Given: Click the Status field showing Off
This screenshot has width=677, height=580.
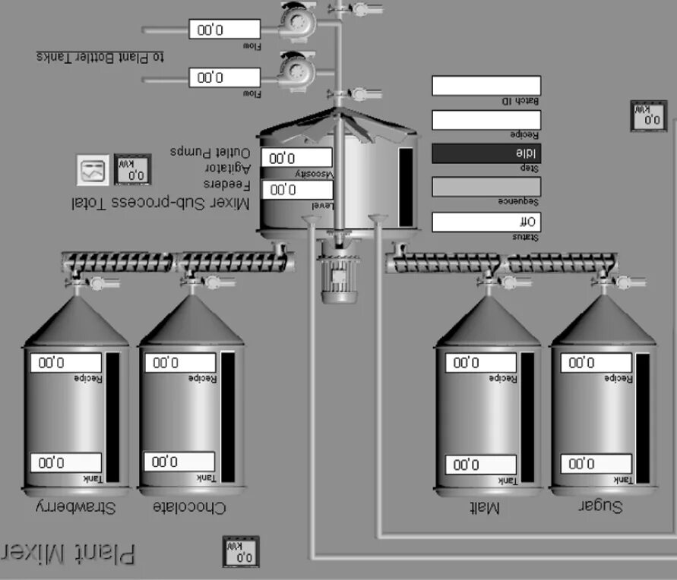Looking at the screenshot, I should tap(486, 222).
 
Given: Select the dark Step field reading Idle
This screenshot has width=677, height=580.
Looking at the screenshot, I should tap(486, 153).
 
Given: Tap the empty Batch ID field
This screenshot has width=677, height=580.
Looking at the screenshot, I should tap(486, 86).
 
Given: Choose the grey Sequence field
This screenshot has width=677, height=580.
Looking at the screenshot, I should tap(486, 187).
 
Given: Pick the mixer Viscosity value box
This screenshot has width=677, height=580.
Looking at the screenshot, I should tap(296, 158).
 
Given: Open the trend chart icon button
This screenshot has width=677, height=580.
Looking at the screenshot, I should tap(94, 170).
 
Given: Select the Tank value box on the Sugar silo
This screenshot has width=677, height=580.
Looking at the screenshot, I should tap(596, 464).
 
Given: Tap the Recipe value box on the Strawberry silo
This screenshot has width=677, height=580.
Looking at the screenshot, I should tap(65, 363).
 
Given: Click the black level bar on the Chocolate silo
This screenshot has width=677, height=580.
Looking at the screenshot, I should tap(227, 418).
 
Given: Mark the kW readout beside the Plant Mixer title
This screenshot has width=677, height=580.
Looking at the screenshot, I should tap(240, 551).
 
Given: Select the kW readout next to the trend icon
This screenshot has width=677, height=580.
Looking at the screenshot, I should tap(132, 170).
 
